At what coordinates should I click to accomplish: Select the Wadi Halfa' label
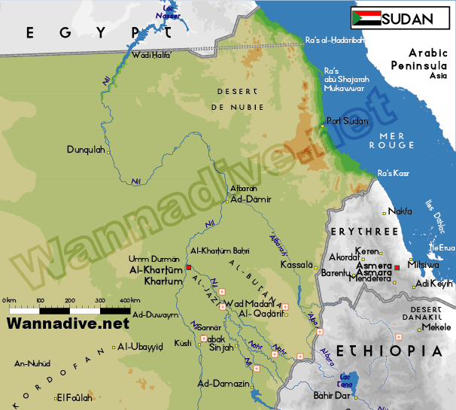pos(151,55)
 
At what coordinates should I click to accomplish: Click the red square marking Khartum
pos(189,268)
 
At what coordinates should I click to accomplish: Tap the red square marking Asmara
pos(397,267)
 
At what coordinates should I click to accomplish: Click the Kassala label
pos(294,266)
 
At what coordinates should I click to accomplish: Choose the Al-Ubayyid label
pos(141,347)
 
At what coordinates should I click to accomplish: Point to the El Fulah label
pos(74,398)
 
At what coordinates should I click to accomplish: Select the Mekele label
pos(436,327)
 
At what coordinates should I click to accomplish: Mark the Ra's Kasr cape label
pos(394,173)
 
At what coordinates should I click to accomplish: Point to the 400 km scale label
pos(129,301)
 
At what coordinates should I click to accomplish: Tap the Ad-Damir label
pos(250,199)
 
